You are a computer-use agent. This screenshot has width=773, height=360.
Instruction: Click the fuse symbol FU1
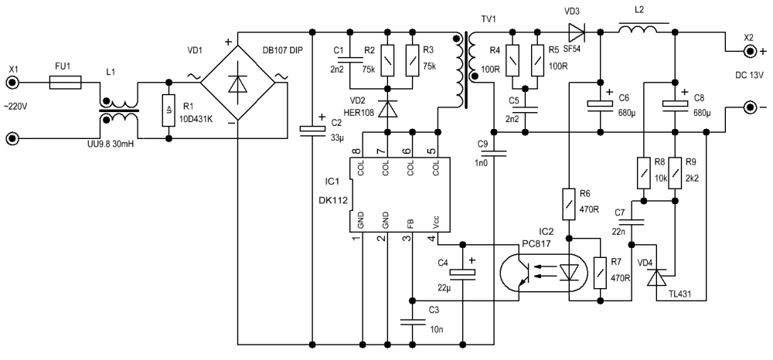[66, 83]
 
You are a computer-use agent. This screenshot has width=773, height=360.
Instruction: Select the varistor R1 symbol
[169, 110]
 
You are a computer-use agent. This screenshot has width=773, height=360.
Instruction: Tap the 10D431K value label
[196, 117]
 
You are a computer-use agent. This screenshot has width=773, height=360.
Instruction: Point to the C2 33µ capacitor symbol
[312, 128]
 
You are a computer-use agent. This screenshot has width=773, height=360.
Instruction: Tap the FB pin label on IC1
[410, 222]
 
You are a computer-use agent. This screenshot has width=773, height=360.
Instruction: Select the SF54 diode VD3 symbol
[576, 32]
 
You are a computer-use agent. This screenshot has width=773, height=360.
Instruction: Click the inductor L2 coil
[638, 29]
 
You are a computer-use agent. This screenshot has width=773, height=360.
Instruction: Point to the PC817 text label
[536, 245]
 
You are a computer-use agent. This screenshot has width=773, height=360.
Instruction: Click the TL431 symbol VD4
[656, 277]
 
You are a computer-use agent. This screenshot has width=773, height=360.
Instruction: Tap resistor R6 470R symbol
[569, 203]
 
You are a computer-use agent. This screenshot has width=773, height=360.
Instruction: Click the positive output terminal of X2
[751, 51]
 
